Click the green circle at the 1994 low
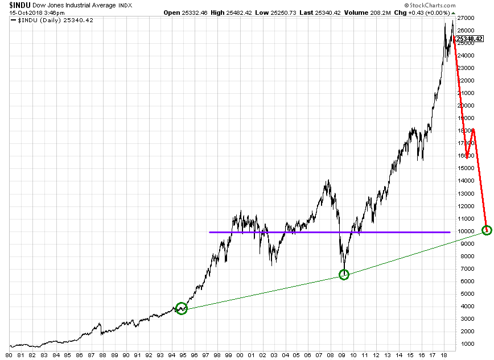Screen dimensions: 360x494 (x=182, y=308)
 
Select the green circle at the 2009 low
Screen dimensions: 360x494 (x=344, y=275)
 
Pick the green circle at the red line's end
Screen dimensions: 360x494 (x=486, y=230)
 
